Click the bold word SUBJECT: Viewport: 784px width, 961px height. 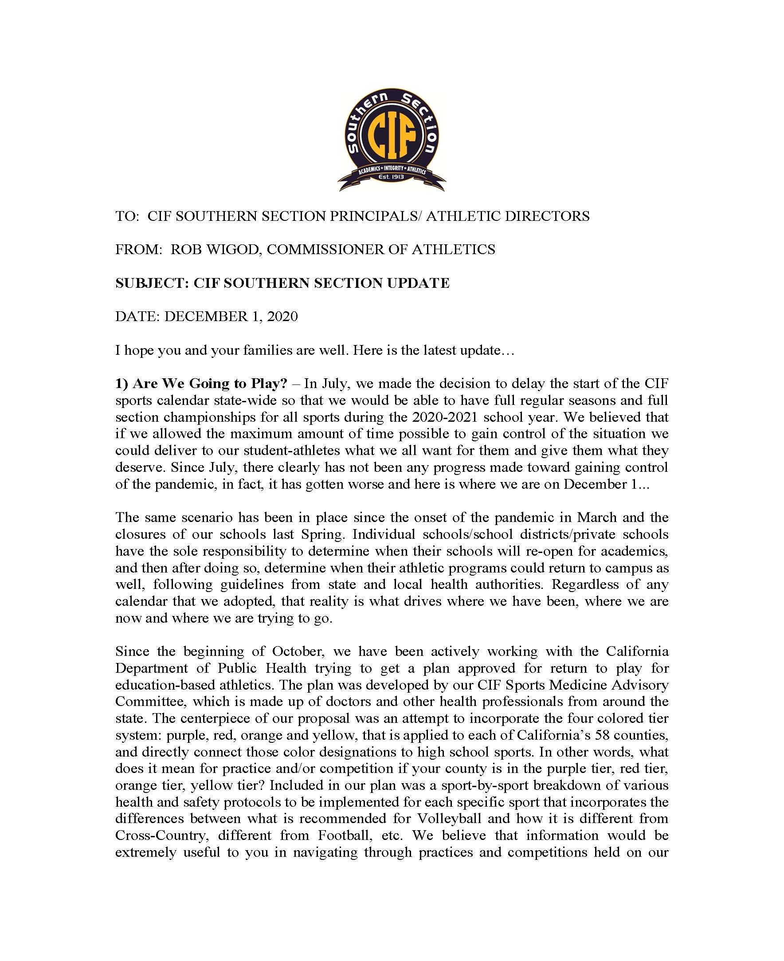pos(152,283)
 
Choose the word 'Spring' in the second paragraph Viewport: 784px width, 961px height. pos(324,534)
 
